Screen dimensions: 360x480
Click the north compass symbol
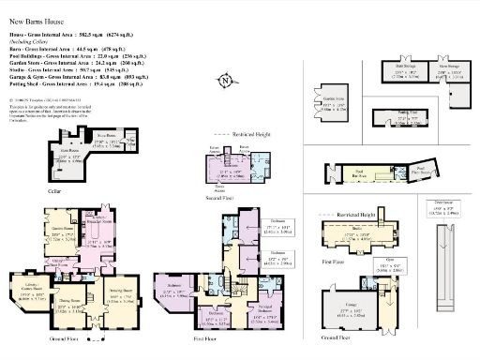(227, 82)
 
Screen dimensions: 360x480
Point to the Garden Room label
(62, 231)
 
